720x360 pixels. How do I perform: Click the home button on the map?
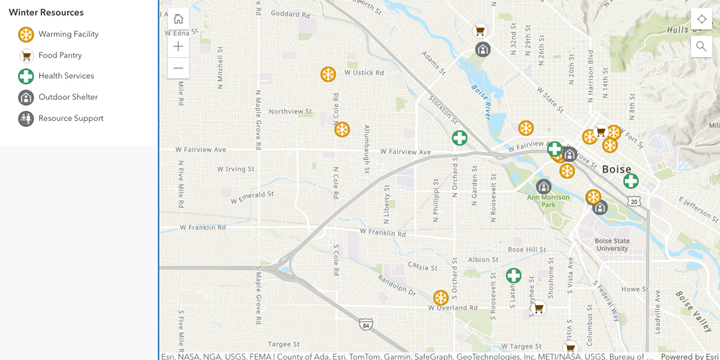click(178, 19)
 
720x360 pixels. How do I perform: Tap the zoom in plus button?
click(178, 46)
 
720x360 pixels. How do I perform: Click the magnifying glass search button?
click(701, 46)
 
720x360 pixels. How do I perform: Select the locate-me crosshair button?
click(701, 19)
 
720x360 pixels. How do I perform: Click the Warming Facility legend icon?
click(26, 34)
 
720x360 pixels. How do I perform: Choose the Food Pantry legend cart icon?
click(26, 56)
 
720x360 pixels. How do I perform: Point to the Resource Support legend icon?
click(26, 119)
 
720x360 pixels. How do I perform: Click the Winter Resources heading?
click(46, 12)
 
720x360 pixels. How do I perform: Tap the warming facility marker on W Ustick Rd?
click(328, 74)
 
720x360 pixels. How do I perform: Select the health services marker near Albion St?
click(513, 276)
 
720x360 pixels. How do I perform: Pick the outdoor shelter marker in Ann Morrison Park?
click(543, 186)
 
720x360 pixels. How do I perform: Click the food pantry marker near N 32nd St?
click(480, 31)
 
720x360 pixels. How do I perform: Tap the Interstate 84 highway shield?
click(366, 325)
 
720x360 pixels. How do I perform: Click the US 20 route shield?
click(634, 202)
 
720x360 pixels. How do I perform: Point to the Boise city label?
click(616, 169)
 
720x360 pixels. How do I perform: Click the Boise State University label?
click(612, 244)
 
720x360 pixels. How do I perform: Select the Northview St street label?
click(290, 111)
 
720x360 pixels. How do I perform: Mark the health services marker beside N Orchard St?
click(459, 138)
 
